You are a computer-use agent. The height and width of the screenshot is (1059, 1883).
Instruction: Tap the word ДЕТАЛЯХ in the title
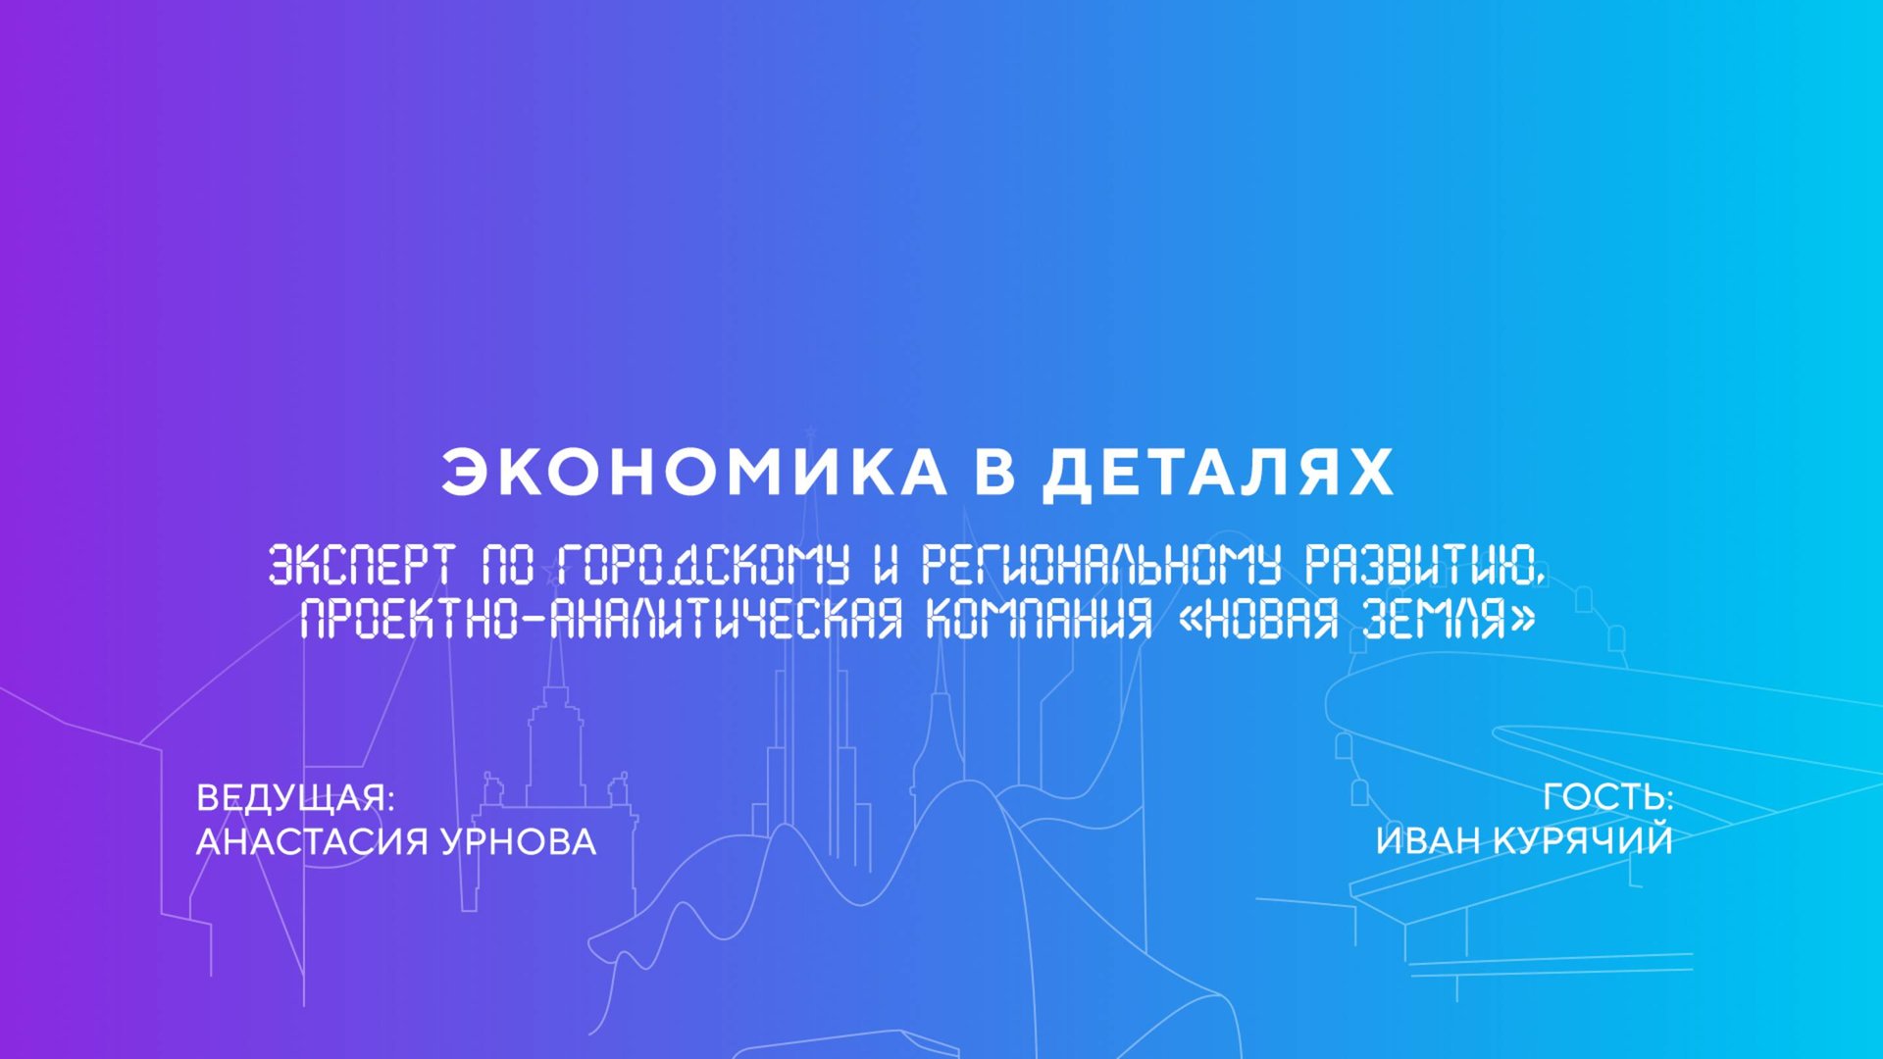pyautogui.click(x=1217, y=473)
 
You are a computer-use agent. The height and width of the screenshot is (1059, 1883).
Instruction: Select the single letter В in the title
pyautogui.click(x=993, y=473)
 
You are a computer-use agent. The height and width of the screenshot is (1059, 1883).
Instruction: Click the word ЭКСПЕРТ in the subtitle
pyautogui.click(x=361, y=566)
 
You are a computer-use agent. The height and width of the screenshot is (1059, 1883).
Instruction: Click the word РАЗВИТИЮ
pyautogui.click(x=1425, y=566)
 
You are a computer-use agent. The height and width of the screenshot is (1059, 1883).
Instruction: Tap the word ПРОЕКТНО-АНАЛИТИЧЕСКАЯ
pyautogui.click(x=600, y=620)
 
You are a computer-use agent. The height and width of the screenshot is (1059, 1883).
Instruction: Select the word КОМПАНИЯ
pyautogui.click(x=1039, y=620)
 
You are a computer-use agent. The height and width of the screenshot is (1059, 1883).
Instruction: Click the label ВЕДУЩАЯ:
pyautogui.click(x=295, y=798)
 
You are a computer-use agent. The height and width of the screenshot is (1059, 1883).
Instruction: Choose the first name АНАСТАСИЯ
pyautogui.click(x=312, y=841)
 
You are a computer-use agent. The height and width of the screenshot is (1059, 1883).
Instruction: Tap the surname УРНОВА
pyautogui.click(x=518, y=841)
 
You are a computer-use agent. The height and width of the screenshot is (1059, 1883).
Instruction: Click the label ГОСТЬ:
pyautogui.click(x=1607, y=797)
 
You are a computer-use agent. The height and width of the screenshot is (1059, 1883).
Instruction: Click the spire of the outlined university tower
pyautogui.click(x=556, y=652)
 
